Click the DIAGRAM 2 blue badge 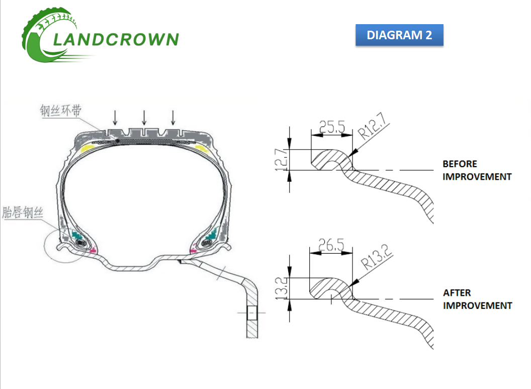pos(399,35)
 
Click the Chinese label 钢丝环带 pos(60,111)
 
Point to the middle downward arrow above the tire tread pos(144,118)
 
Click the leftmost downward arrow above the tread pos(116,118)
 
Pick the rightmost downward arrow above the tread pos(173,118)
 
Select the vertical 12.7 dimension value pos(282,160)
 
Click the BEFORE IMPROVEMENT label pos(476,170)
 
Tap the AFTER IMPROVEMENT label pos(477,299)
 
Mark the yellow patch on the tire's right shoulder pos(203,149)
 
